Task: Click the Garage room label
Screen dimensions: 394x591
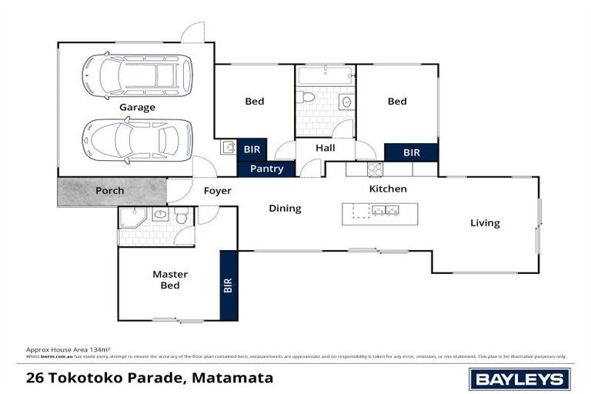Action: click(x=137, y=108)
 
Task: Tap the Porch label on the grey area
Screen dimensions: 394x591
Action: click(x=109, y=191)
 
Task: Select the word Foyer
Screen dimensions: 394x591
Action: click(x=217, y=191)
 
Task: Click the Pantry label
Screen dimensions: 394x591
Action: click(x=266, y=169)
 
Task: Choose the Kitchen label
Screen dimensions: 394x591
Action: click(x=388, y=189)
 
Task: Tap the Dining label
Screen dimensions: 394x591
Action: click(x=285, y=209)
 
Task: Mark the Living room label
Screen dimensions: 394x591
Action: click(x=485, y=223)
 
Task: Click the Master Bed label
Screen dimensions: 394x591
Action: click(x=170, y=279)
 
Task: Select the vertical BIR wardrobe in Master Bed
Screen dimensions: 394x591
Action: click(x=229, y=285)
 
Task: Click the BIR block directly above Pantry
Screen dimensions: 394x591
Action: click(x=252, y=149)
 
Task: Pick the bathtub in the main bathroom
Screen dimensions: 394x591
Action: click(x=325, y=76)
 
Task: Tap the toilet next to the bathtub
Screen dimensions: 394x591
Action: click(x=307, y=97)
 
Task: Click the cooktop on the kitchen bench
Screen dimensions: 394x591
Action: click(x=375, y=169)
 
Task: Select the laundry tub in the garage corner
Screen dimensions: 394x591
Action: click(x=229, y=147)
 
